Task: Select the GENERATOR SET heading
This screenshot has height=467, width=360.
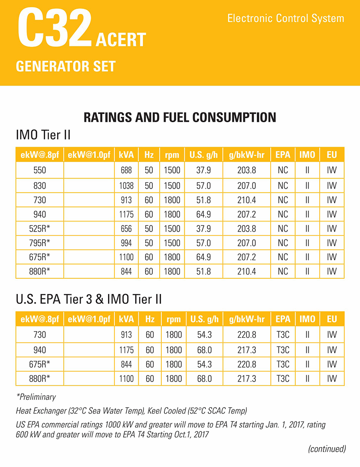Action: pyautogui.click(x=65, y=66)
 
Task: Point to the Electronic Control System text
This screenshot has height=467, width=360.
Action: pyautogui.click(x=285, y=19)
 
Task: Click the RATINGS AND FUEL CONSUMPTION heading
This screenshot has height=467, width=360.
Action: pyautogui.click(x=180, y=117)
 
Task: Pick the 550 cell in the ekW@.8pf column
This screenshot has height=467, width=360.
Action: pyautogui.click(x=39, y=170)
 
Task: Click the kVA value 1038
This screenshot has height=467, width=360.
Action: pyautogui.click(x=127, y=185)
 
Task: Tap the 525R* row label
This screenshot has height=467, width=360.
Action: pyautogui.click(x=39, y=229)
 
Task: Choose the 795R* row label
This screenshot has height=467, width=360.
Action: pyautogui.click(x=39, y=243)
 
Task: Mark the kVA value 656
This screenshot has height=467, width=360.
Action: pyautogui.click(x=127, y=229)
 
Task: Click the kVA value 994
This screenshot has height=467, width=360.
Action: pyautogui.click(x=127, y=243)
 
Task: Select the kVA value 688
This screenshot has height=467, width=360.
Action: pyautogui.click(x=127, y=170)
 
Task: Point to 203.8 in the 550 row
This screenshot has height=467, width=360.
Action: pyautogui.click(x=247, y=170)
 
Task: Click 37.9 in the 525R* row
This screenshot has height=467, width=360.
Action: pyautogui.click(x=203, y=229)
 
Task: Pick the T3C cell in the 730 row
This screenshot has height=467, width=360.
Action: pyautogui.click(x=283, y=335)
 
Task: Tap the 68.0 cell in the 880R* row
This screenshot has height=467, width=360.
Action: pyautogui.click(x=203, y=379)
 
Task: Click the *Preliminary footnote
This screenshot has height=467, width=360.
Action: pyautogui.click(x=36, y=397)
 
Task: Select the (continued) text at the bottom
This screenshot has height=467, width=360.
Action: pyautogui.click(x=327, y=449)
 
